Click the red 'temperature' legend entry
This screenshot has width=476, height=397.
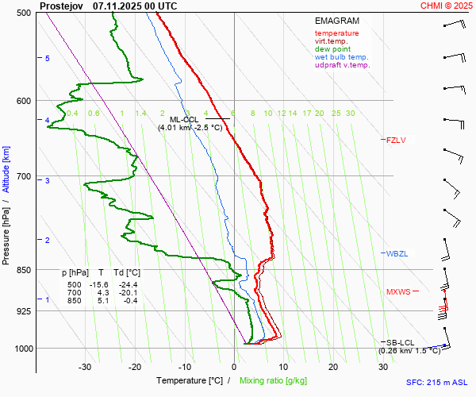336,33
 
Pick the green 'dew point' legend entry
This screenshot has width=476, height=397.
333,49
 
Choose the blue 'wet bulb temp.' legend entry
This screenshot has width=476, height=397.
341,57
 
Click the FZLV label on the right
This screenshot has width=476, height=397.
396,141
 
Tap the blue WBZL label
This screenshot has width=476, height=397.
396,254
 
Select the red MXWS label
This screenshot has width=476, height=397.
398,292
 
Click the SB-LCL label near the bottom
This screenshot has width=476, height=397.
401,342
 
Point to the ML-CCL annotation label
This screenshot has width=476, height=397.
183,119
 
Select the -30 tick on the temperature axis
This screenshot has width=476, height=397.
86,367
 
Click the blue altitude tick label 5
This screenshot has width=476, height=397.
48,59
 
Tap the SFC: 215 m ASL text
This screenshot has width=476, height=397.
436,382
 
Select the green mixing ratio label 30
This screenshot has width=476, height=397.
350,114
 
